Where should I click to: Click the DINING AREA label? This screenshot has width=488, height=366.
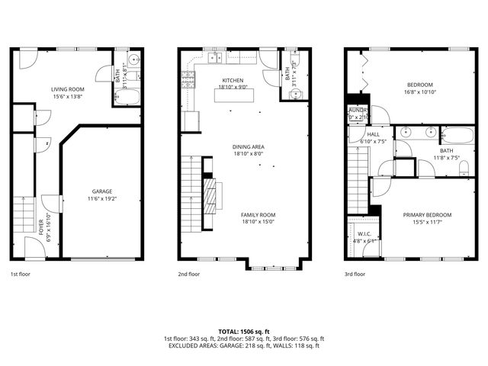(249, 146)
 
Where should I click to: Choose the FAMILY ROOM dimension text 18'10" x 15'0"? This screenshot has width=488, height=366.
(258, 223)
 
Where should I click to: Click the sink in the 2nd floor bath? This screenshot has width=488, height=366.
(296, 95)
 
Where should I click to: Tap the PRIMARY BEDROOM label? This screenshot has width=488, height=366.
(427, 215)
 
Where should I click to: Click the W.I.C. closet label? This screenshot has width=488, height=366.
(364, 233)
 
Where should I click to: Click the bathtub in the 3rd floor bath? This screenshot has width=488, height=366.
(457, 136)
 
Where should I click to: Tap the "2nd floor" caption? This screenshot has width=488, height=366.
(189, 273)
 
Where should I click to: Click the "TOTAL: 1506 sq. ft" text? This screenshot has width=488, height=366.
(243, 332)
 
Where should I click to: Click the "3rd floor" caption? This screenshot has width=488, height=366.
(355, 273)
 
